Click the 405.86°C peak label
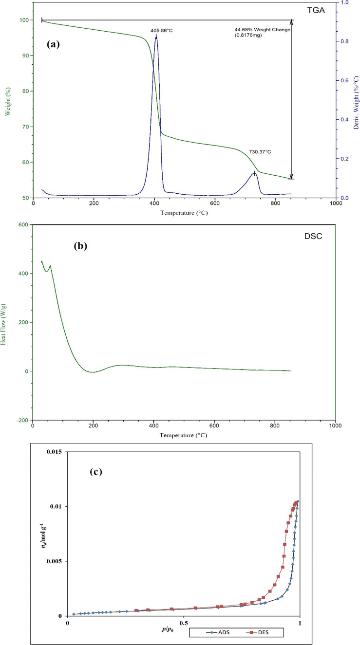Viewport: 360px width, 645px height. click(x=161, y=30)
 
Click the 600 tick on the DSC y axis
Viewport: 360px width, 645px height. click(x=22, y=224)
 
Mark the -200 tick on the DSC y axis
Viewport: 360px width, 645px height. click(x=21, y=420)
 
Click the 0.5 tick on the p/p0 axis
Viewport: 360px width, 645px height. click(x=184, y=624)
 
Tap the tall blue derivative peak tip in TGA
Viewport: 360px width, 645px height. click(x=156, y=37)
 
